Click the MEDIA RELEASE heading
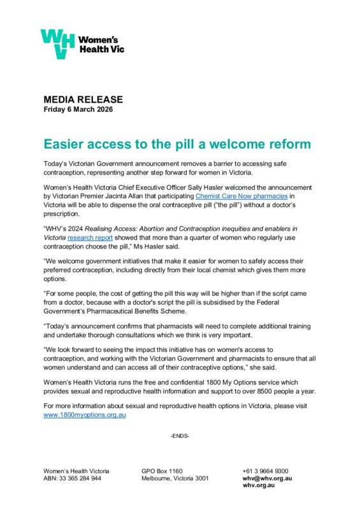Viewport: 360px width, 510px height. (x=83, y=100)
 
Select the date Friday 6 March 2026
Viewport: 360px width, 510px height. (x=78, y=110)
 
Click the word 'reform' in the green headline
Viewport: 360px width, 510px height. (x=290, y=144)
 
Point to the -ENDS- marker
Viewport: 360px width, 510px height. (x=180, y=435)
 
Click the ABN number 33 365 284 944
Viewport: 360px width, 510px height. (x=79, y=477)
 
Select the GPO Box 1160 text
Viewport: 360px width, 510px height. (x=162, y=470)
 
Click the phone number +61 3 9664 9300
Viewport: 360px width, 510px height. (x=265, y=470)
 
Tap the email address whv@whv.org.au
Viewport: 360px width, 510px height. (x=267, y=477)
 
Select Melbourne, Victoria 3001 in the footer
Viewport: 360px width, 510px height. (x=176, y=477)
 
